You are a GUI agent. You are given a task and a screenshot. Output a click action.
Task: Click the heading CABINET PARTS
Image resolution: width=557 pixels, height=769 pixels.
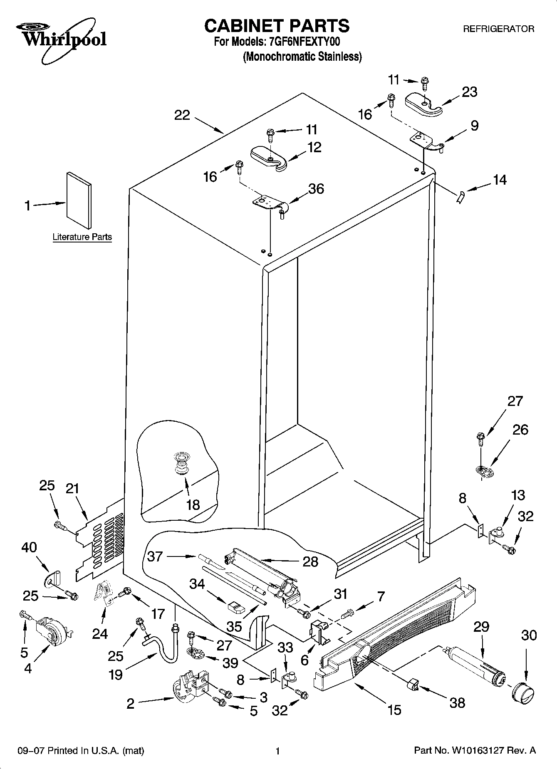pos(277,26)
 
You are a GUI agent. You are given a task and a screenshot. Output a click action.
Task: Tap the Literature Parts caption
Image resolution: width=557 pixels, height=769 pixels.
pos(82,237)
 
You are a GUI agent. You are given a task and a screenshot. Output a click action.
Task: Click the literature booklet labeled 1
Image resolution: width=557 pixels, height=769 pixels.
pos(78,200)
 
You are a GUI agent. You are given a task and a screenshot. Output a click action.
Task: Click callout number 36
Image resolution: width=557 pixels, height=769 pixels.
pos(316,189)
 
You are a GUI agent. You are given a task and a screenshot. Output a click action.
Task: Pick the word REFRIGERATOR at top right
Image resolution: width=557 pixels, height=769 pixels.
pos(498,29)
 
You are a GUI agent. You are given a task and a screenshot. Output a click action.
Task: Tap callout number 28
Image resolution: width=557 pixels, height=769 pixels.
pos(311,561)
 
